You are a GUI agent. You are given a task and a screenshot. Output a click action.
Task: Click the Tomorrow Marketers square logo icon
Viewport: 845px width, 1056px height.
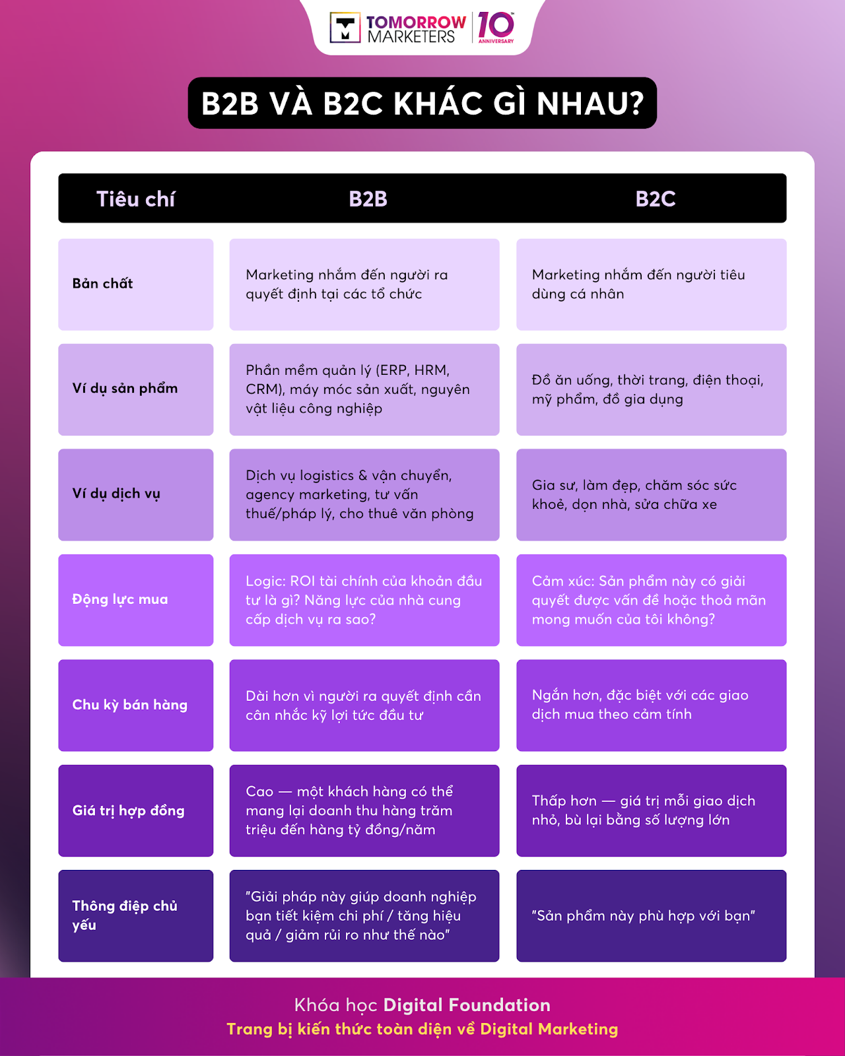click(345, 28)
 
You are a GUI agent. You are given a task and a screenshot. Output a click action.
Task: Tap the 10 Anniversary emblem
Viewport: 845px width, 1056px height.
click(495, 27)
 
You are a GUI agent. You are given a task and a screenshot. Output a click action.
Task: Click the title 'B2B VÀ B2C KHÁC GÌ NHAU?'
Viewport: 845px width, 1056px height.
click(422, 103)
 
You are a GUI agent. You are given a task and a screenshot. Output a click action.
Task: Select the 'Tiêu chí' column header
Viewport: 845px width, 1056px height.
click(135, 199)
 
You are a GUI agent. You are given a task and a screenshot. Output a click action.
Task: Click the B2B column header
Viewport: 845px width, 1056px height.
click(368, 199)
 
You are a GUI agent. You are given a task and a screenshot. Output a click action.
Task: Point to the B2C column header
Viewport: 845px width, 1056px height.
click(655, 199)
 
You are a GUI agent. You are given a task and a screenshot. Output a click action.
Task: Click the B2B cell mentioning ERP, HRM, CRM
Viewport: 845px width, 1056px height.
click(364, 389)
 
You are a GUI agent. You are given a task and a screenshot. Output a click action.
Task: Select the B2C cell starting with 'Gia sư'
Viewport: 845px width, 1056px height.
click(651, 495)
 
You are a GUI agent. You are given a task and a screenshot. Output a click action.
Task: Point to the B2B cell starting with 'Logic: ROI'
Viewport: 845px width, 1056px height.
click(364, 600)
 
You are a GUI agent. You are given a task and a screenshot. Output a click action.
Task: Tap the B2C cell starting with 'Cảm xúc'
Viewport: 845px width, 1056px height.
click(651, 600)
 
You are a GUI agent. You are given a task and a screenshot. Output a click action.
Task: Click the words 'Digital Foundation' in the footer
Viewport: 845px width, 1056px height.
click(467, 1005)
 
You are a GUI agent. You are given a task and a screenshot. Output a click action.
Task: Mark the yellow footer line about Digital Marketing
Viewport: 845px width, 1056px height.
click(422, 1030)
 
